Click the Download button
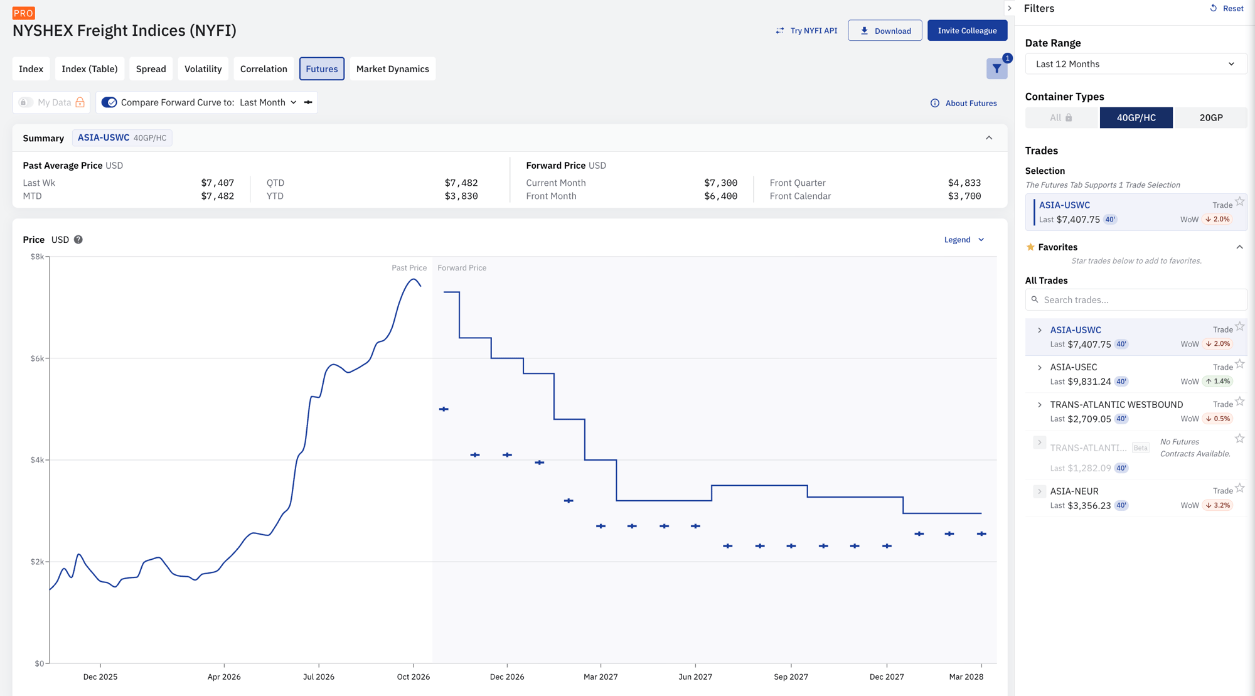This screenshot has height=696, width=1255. (x=885, y=31)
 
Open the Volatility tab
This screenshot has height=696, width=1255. (x=203, y=69)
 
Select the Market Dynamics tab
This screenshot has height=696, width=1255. (x=393, y=69)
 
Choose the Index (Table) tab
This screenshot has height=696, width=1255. (x=90, y=69)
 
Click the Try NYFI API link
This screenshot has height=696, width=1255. (x=806, y=31)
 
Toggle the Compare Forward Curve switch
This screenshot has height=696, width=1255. (x=109, y=102)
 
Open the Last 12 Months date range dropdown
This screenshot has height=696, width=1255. (x=1136, y=64)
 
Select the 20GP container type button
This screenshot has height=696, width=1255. (x=1210, y=117)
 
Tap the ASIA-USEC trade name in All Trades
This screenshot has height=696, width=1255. (x=1074, y=367)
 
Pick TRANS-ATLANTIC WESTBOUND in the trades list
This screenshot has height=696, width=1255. (x=1116, y=405)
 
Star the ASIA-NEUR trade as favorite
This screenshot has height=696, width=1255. (x=1240, y=488)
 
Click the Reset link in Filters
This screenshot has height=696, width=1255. (x=1227, y=9)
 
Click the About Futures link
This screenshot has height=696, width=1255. (x=964, y=104)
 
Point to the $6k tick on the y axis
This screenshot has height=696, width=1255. (x=37, y=358)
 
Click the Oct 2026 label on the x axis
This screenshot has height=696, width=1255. (x=414, y=677)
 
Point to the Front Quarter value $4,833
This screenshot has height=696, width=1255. (x=964, y=183)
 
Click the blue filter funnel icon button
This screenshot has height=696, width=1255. (x=996, y=69)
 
